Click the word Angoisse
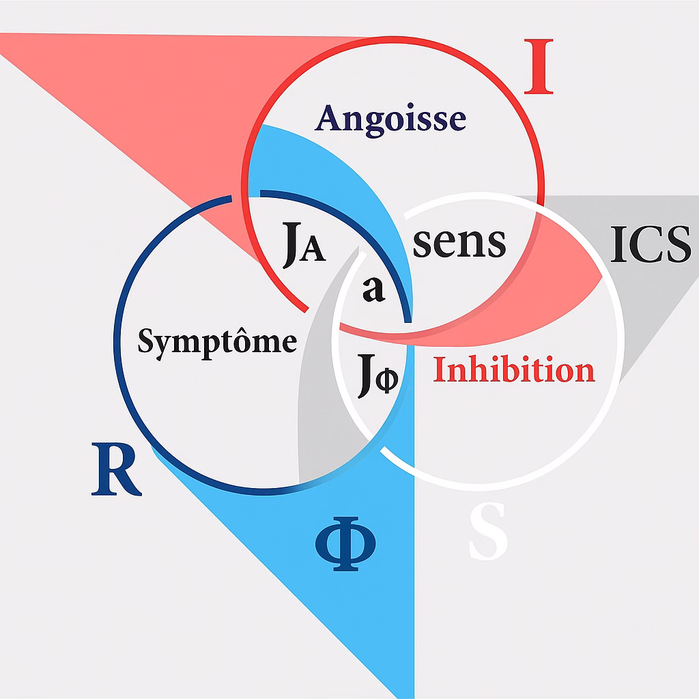391,119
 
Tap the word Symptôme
217,341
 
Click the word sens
459,242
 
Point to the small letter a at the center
373,289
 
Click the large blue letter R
116,470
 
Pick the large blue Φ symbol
345,541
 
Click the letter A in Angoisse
328,118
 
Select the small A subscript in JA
314,251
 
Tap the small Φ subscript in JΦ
386,380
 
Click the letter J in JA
291,246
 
